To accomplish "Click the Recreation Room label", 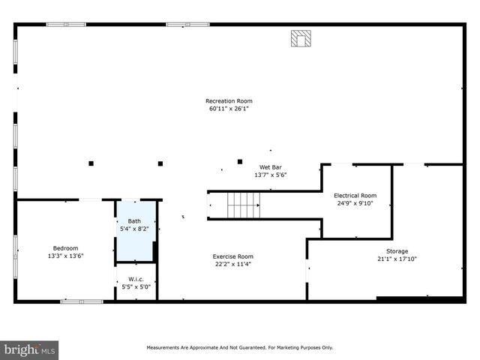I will point(229,101).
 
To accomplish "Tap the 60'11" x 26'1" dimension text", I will point(229,109).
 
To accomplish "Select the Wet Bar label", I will point(270,167).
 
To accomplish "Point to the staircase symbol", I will point(244,203).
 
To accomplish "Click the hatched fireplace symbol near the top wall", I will point(300,38).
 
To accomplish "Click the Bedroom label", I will point(65,248).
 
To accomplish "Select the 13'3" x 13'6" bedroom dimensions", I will point(65,256).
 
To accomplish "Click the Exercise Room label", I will point(232,256).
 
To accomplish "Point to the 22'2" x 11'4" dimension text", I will point(232,264).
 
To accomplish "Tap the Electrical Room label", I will point(355,195).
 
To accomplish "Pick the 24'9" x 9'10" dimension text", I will point(355,202).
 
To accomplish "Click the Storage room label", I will point(397,251).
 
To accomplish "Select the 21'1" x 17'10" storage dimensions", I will point(397,259).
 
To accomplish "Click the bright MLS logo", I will point(30,349).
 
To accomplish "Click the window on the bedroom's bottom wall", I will point(82,301).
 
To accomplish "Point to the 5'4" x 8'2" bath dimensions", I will point(134,229).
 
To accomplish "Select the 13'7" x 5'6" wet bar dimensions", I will point(270,175).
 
